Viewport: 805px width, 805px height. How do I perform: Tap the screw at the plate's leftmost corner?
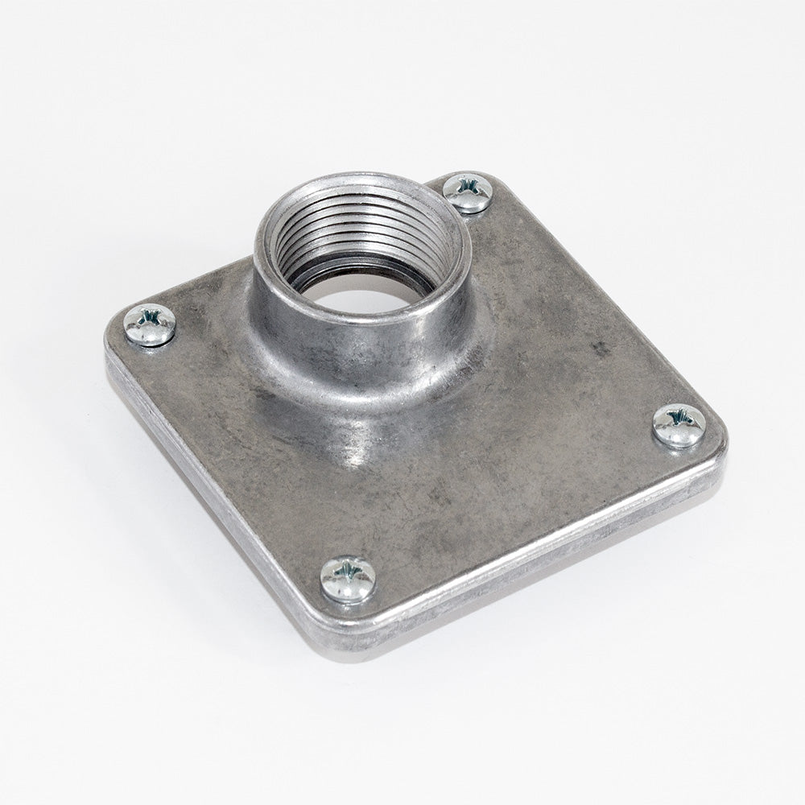click(x=150, y=324)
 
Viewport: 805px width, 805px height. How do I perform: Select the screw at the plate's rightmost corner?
click(x=679, y=425)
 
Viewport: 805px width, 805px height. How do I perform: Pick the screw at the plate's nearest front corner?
click(x=348, y=579)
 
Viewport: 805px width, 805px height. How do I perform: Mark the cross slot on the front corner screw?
click(x=348, y=573)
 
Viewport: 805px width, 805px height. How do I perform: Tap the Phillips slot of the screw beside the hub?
click(x=468, y=188)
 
